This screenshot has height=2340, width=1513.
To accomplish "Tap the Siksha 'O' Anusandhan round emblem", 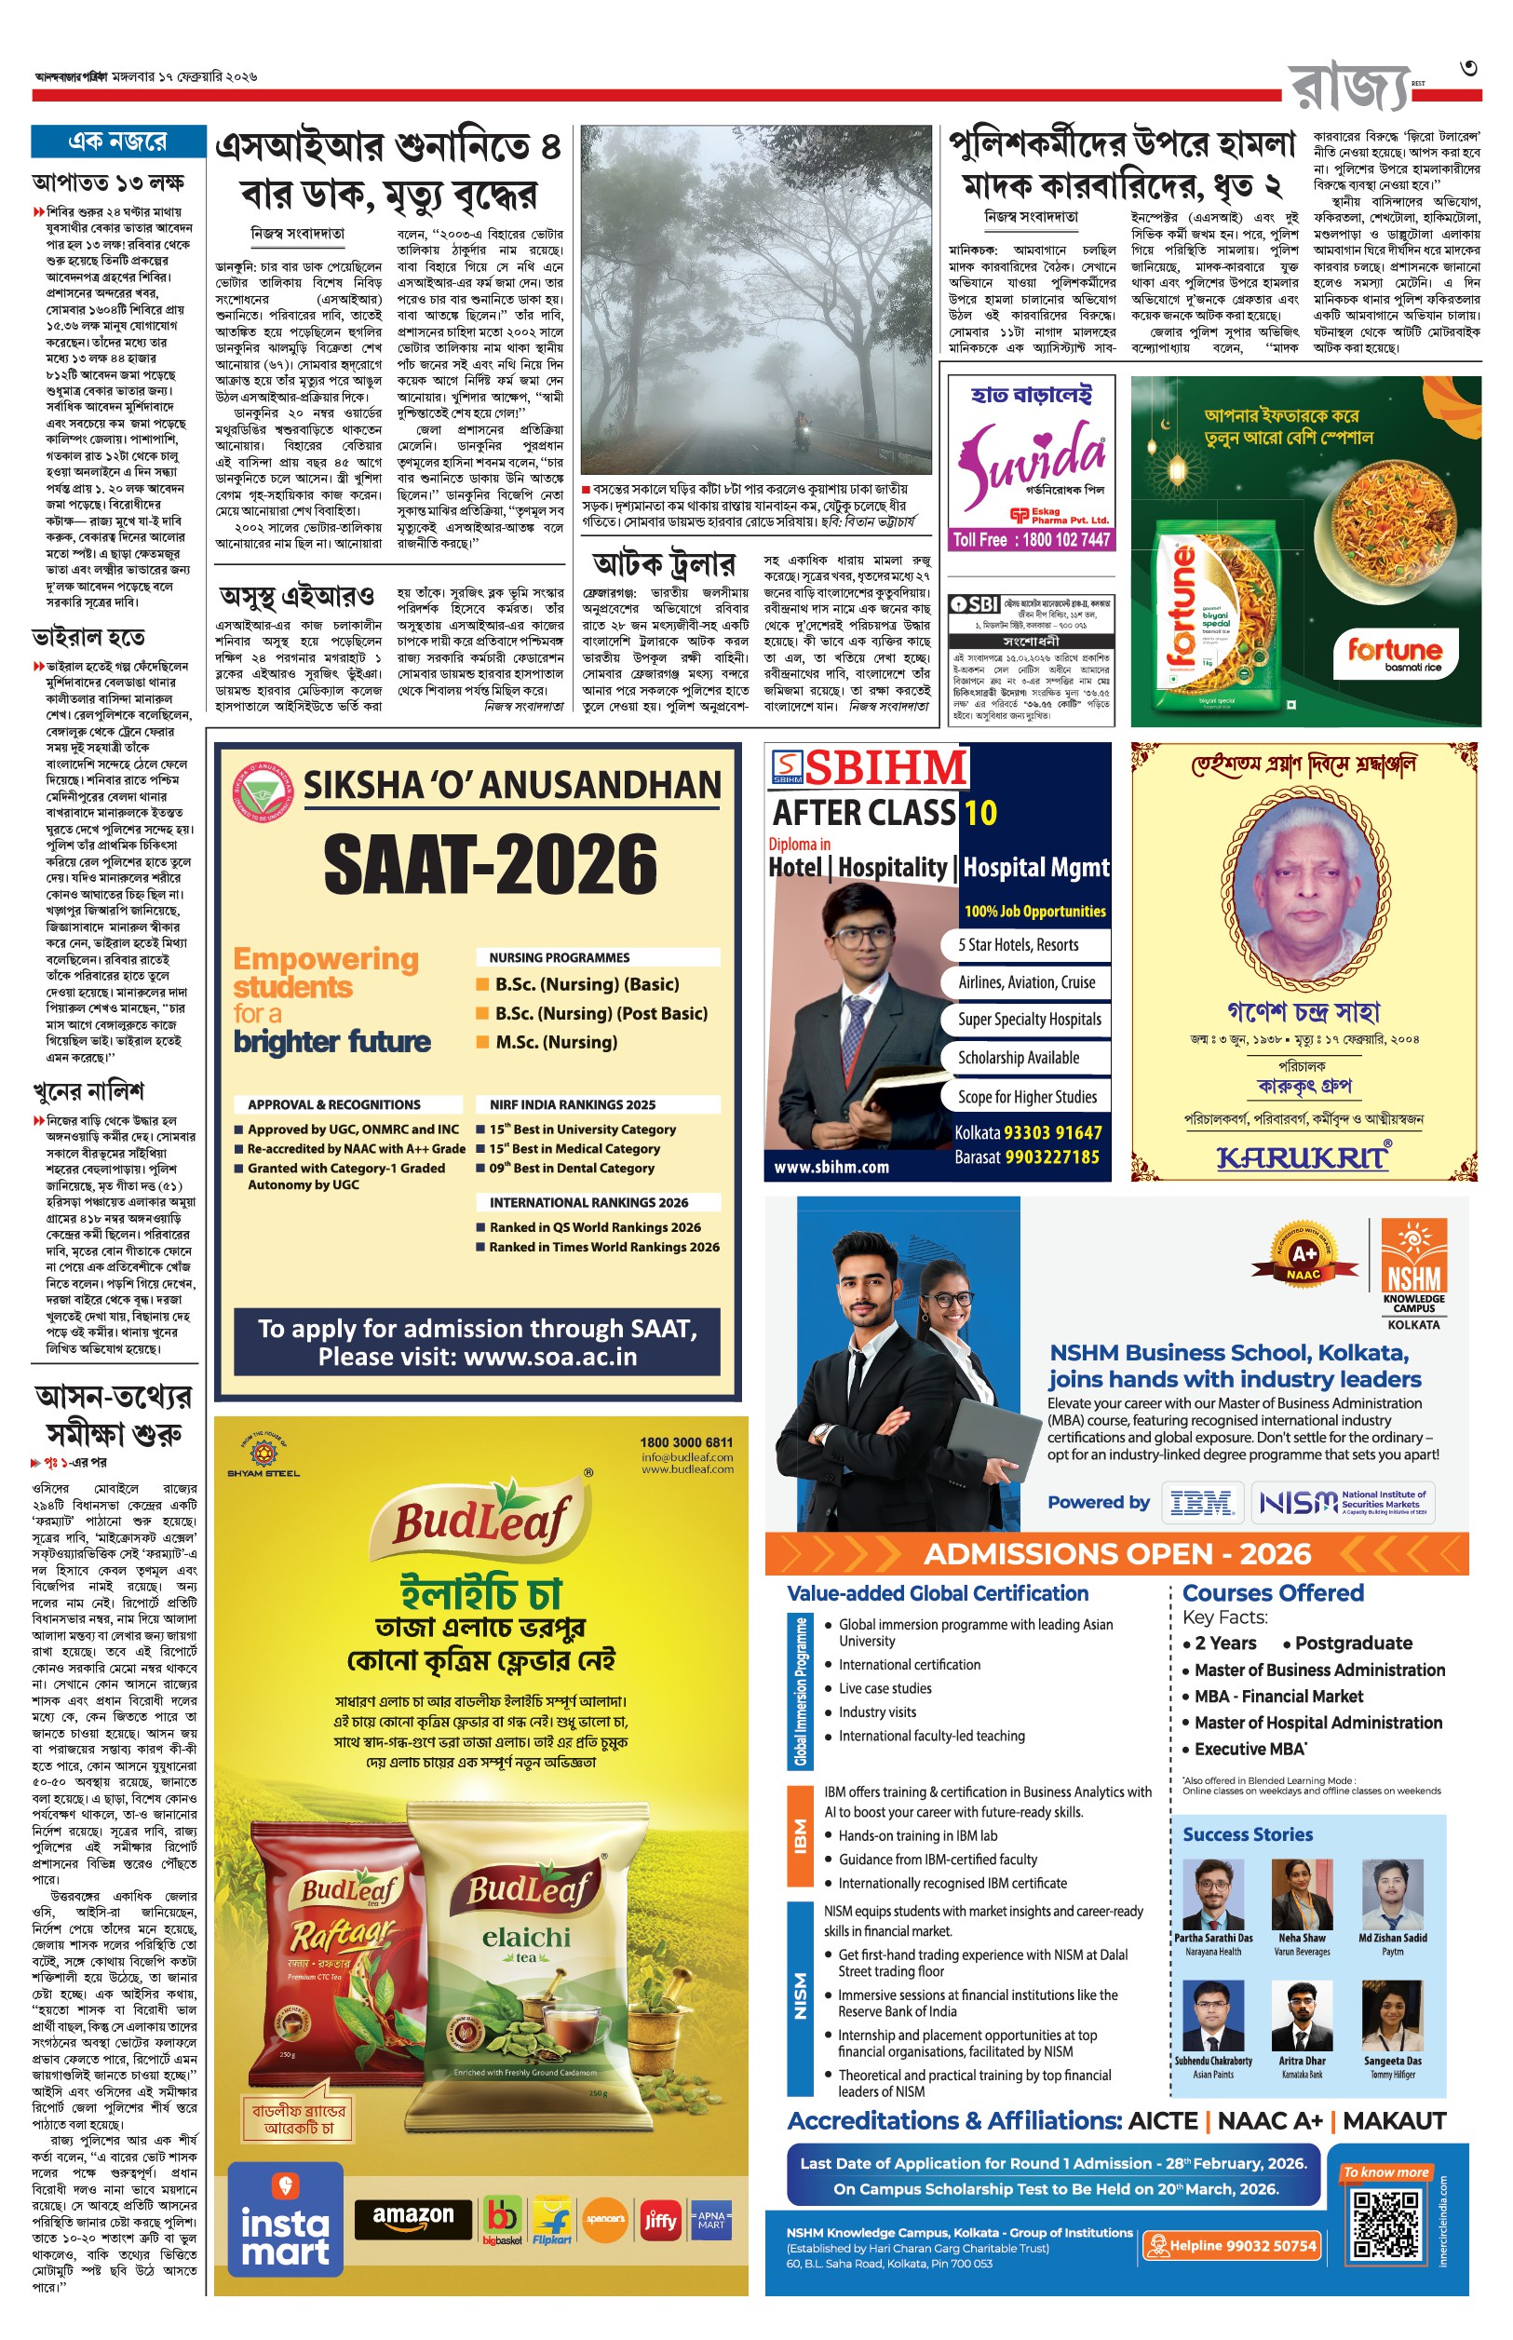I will (x=263, y=788).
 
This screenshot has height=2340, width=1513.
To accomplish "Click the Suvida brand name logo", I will (x=1033, y=460).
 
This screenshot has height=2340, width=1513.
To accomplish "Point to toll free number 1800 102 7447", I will (x=1031, y=538).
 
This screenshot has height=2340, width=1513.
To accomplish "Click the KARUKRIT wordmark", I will (x=1303, y=1157).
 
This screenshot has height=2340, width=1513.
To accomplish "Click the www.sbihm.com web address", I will (x=831, y=1167).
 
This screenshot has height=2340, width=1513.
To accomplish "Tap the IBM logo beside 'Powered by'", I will (x=1202, y=1502).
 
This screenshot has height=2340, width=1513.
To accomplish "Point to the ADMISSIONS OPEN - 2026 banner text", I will (x=1117, y=1554).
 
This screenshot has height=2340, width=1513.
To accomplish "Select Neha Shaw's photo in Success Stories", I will (x=1302, y=1894).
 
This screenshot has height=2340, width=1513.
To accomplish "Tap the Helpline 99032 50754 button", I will (x=1231, y=2246).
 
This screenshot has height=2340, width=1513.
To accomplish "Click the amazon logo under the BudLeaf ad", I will (x=412, y=2215).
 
